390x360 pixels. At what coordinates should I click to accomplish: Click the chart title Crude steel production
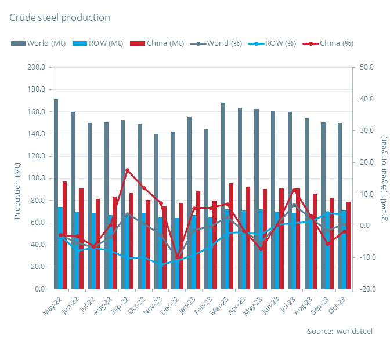coord(59,17)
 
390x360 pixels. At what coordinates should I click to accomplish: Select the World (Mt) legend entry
coord(38,43)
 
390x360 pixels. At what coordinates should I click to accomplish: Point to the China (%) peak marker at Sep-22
coord(128,170)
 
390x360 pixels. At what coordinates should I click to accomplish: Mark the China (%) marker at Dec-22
coord(178,257)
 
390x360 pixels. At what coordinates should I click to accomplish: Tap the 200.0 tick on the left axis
coord(36,67)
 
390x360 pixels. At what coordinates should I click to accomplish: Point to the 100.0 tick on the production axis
coord(36,178)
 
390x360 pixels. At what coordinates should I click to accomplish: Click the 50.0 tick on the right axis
coord(367,67)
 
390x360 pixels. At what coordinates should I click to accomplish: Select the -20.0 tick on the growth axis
coord(367,289)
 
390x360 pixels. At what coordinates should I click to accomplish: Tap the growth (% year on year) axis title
coord(383,178)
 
